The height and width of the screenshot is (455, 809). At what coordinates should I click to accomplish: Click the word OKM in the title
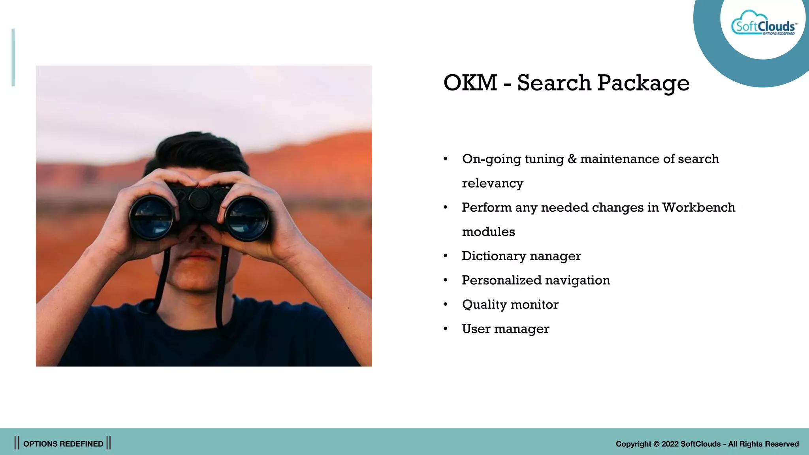(x=470, y=83)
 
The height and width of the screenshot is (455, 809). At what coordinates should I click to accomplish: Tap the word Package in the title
(x=643, y=84)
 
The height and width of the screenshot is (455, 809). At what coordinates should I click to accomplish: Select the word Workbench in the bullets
(x=698, y=207)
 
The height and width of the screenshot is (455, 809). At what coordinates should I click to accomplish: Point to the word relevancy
(x=493, y=183)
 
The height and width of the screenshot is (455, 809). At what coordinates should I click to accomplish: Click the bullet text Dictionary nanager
(x=521, y=256)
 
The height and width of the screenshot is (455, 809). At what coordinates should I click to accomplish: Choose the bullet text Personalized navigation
(x=536, y=280)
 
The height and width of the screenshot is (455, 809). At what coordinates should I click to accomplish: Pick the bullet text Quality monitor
(x=510, y=305)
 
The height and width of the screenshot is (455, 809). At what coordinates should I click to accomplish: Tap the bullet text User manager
(x=505, y=329)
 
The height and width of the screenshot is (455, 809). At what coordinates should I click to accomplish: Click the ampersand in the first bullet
(x=572, y=159)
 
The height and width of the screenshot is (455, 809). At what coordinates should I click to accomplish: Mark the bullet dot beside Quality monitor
(x=446, y=305)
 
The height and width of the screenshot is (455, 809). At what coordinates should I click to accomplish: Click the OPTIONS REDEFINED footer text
(x=63, y=444)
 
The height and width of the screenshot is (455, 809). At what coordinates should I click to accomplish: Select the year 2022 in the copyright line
(x=670, y=444)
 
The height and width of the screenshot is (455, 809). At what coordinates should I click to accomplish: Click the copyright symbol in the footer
(x=656, y=444)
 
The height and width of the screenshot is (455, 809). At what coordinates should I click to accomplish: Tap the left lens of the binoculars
(x=152, y=217)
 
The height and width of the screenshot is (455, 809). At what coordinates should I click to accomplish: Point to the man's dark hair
(x=198, y=148)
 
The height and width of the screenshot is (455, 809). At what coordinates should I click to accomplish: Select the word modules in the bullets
(x=488, y=232)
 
